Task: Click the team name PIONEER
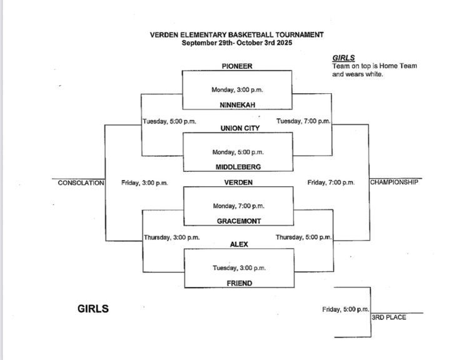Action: [x=237, y=66]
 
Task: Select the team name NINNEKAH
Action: [x=237, y=105]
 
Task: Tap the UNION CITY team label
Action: [x=240, y=128]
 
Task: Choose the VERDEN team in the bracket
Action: [x=237, y=182]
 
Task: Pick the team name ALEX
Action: [x=240, y=245]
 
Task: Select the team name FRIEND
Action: [x=240, y=283]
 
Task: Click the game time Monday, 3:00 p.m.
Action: [x=238, y=90]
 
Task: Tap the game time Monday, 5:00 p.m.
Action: [x=238, y=152]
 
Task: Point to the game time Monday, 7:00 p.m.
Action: [x=238, y=206]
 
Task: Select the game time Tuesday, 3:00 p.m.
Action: [x=239, y=268]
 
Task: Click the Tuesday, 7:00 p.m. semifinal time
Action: [x=303, y=121]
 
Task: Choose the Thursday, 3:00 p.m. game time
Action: [x=171, y=237]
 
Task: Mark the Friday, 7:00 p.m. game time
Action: [x=331, y=183]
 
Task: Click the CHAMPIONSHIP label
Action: [x=394, y=182]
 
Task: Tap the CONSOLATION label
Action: [x=81, y=183]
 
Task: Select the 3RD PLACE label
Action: [x=389, y=317]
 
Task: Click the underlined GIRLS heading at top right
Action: [x=343, y=57]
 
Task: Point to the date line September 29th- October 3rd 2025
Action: [x=236, y=43]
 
